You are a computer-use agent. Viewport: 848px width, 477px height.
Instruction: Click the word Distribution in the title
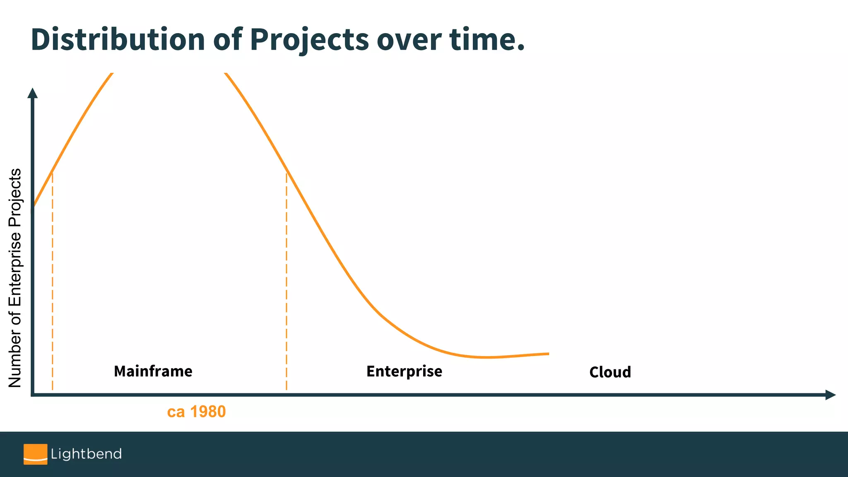118,40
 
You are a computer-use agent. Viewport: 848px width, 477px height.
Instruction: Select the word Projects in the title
309,40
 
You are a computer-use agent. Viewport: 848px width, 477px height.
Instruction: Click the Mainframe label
153,371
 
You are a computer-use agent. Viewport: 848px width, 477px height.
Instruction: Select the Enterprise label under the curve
404,371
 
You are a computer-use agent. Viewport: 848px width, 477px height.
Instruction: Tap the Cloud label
610,372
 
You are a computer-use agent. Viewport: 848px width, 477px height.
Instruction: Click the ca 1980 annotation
196,412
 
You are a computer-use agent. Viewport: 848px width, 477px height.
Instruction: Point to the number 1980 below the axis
208,412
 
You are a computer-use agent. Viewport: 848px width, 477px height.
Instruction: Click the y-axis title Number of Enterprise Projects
15,277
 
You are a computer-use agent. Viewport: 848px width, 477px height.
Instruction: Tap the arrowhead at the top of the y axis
32,93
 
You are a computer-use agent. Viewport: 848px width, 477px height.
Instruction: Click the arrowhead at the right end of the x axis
830,395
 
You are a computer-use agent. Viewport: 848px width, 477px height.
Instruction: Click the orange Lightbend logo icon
35,454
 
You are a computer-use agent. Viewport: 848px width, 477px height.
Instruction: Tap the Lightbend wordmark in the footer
86,454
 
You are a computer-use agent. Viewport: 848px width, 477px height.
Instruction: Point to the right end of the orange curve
548,354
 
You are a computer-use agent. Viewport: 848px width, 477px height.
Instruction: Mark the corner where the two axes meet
33,395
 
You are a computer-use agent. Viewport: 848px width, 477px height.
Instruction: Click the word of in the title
227,40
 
